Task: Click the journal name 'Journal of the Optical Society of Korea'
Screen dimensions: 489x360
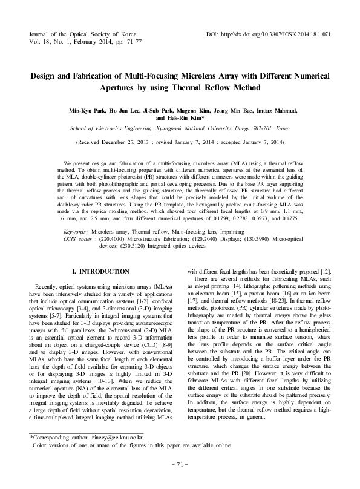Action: coord(83,34)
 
